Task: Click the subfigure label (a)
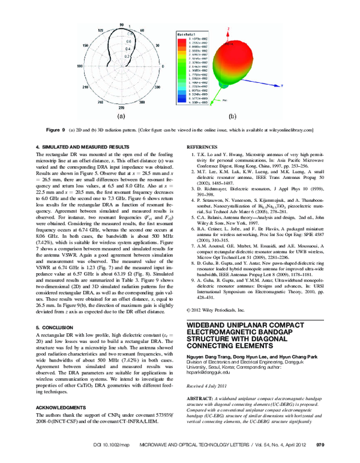(121, 116)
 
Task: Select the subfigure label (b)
(231, 117)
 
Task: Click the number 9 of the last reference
(191, 288)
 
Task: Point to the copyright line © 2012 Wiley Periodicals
(216, 310)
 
